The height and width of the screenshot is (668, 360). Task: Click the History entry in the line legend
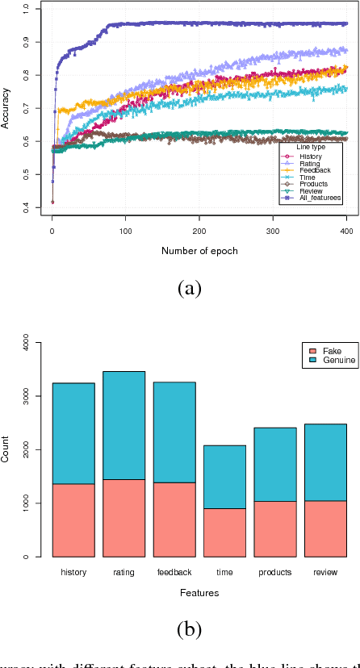(x=309, y=157)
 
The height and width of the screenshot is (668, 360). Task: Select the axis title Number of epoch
(x=199, y=251)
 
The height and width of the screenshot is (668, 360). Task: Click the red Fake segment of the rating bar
(x=123, y=518)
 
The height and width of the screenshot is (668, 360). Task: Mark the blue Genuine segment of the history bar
(x=73, y=433)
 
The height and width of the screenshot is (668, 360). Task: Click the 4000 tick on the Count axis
(x=27, y=344)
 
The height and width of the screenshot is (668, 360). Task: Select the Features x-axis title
(x=199, y=593)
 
